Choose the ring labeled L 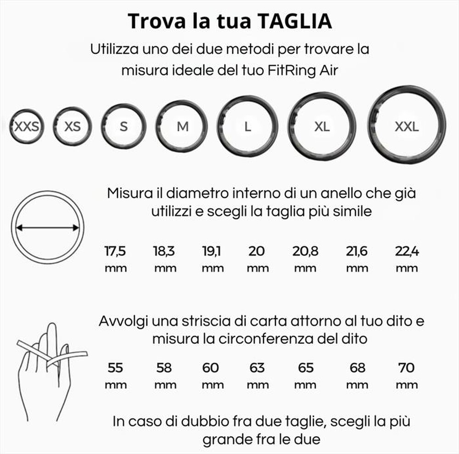click(248, 126)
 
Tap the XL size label click(322, 126)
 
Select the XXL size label click(407, 126)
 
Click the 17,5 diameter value click(115, 252)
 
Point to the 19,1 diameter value click(212, 252)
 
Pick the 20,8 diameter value click(305, 252)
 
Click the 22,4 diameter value click(406, 252)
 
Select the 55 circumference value click(115, 368)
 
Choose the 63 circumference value click(257, 368)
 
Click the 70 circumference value click(407, 368)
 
